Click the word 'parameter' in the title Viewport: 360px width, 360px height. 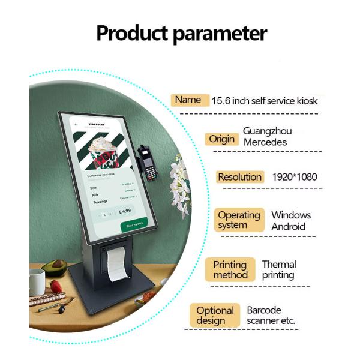coord(220,34)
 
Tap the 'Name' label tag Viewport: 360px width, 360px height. coord(188,100)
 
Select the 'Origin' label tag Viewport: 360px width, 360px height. coord(221,139)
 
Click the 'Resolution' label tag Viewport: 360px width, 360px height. coord(240,177)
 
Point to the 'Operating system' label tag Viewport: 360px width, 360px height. coord(239,220)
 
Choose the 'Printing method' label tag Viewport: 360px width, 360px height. coord(230,269)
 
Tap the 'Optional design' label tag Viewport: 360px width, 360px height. coord(215,316)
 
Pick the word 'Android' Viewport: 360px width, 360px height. coord(288,227)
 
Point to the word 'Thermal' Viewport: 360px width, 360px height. coord(279,264)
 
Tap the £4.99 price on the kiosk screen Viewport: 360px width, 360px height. coord(125,212)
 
